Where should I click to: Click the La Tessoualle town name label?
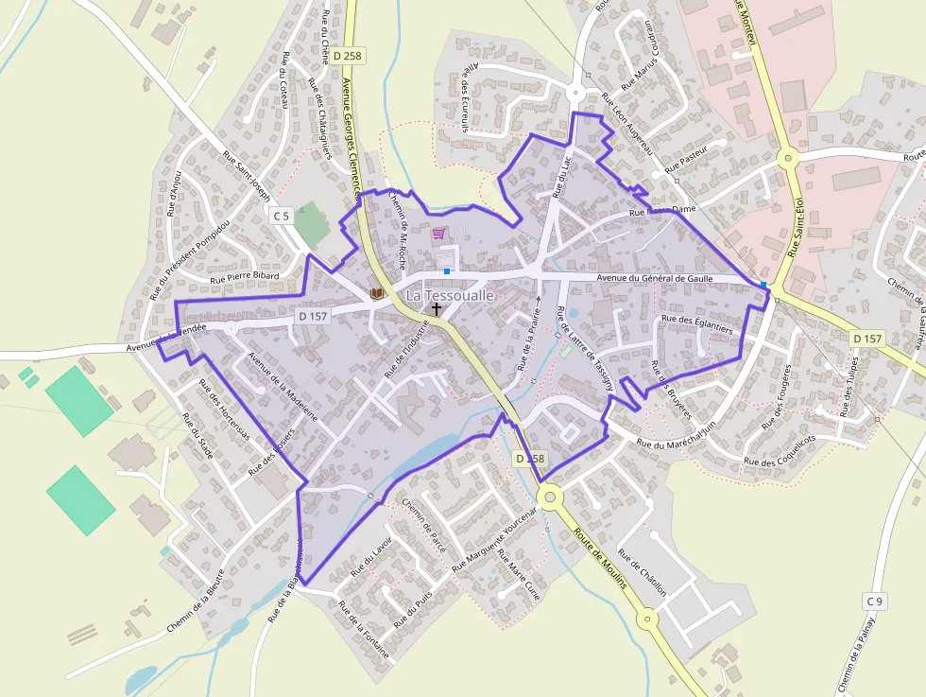[450, 295]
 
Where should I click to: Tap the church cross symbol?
[437, 309]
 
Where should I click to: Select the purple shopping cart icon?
[438, 233]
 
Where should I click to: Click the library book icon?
[377, 294]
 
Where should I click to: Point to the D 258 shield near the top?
[348, 56]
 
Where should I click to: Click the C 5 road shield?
[282, 216]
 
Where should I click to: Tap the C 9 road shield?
[876, 601]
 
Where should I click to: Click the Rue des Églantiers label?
[697, 320]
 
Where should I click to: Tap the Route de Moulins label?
[599, 558]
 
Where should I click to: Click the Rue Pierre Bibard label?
[244, 277]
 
